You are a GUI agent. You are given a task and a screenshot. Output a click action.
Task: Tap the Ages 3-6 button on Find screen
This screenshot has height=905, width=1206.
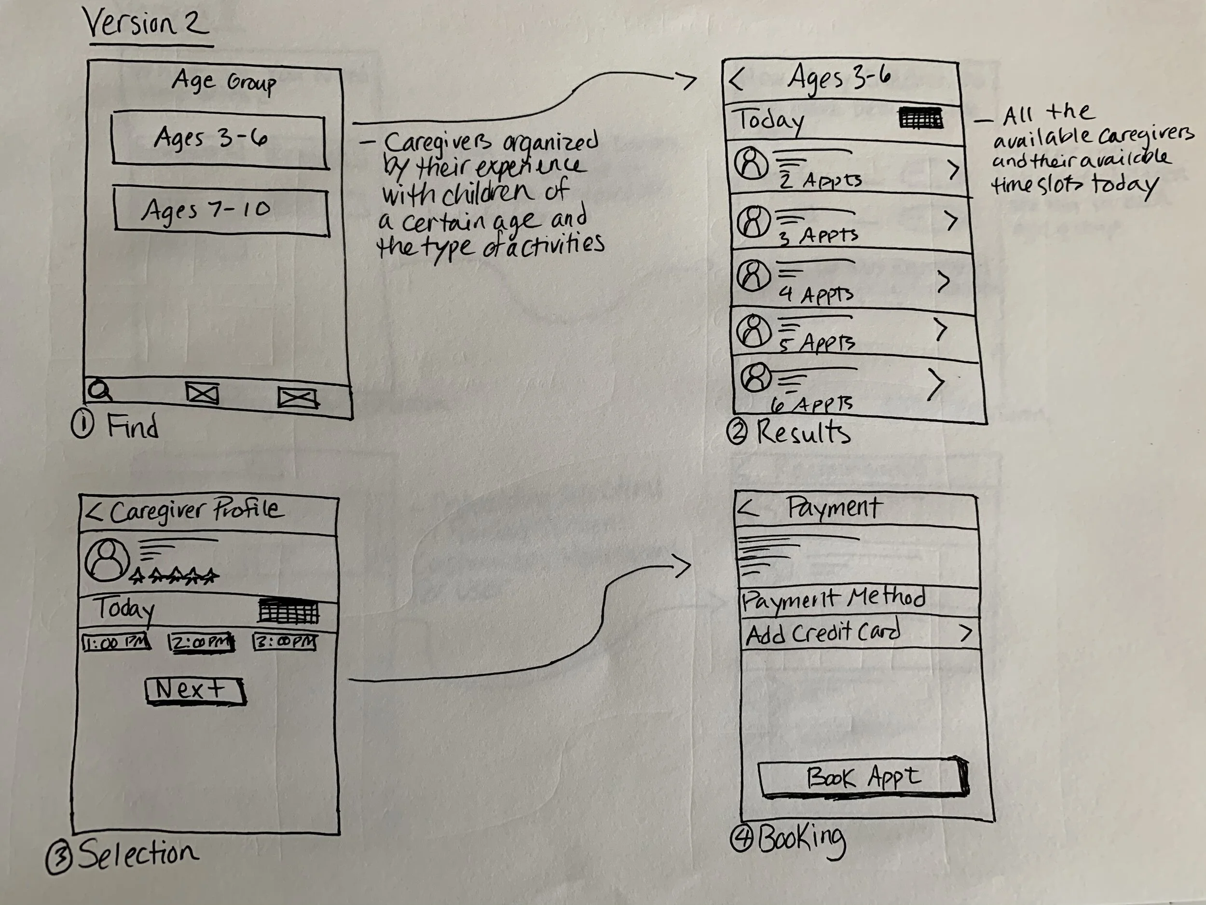(219, 139)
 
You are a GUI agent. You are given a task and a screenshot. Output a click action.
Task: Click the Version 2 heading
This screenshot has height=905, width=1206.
(146, 24)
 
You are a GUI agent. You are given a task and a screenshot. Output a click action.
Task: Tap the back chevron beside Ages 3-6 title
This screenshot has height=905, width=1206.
(736, 80)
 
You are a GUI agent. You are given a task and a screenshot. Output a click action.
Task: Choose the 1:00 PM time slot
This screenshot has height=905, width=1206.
(116, 642)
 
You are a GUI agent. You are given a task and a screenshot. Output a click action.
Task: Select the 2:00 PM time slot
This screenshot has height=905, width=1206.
(201, 642)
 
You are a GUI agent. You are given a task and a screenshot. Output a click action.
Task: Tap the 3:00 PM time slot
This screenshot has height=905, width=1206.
(285, 641)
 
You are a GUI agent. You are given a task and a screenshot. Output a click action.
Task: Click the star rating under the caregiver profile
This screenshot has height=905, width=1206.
(175, 575)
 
